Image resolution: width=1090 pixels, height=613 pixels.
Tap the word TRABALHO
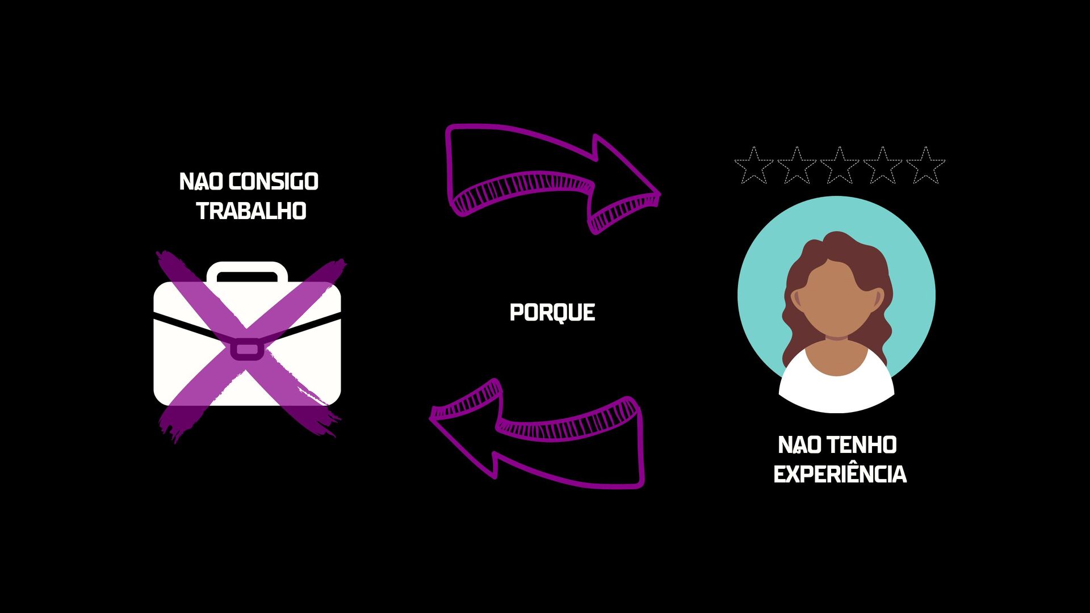click(251, 211)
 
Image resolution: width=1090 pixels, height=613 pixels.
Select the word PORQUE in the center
click(552, 312)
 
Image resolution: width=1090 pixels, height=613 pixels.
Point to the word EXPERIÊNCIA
click(840, 475)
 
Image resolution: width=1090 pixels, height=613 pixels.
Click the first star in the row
click(753, 166)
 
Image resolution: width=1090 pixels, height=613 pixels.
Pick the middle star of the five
click(839, 166)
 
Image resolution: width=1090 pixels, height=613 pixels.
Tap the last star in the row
click(925, 166)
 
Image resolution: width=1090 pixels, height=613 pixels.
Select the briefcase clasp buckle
click(246, 349)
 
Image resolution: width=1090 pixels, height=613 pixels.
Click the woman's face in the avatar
click(836, 301)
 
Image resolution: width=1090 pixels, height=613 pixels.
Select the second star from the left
click(796, 166)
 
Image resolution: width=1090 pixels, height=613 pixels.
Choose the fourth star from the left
click(882, 166)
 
